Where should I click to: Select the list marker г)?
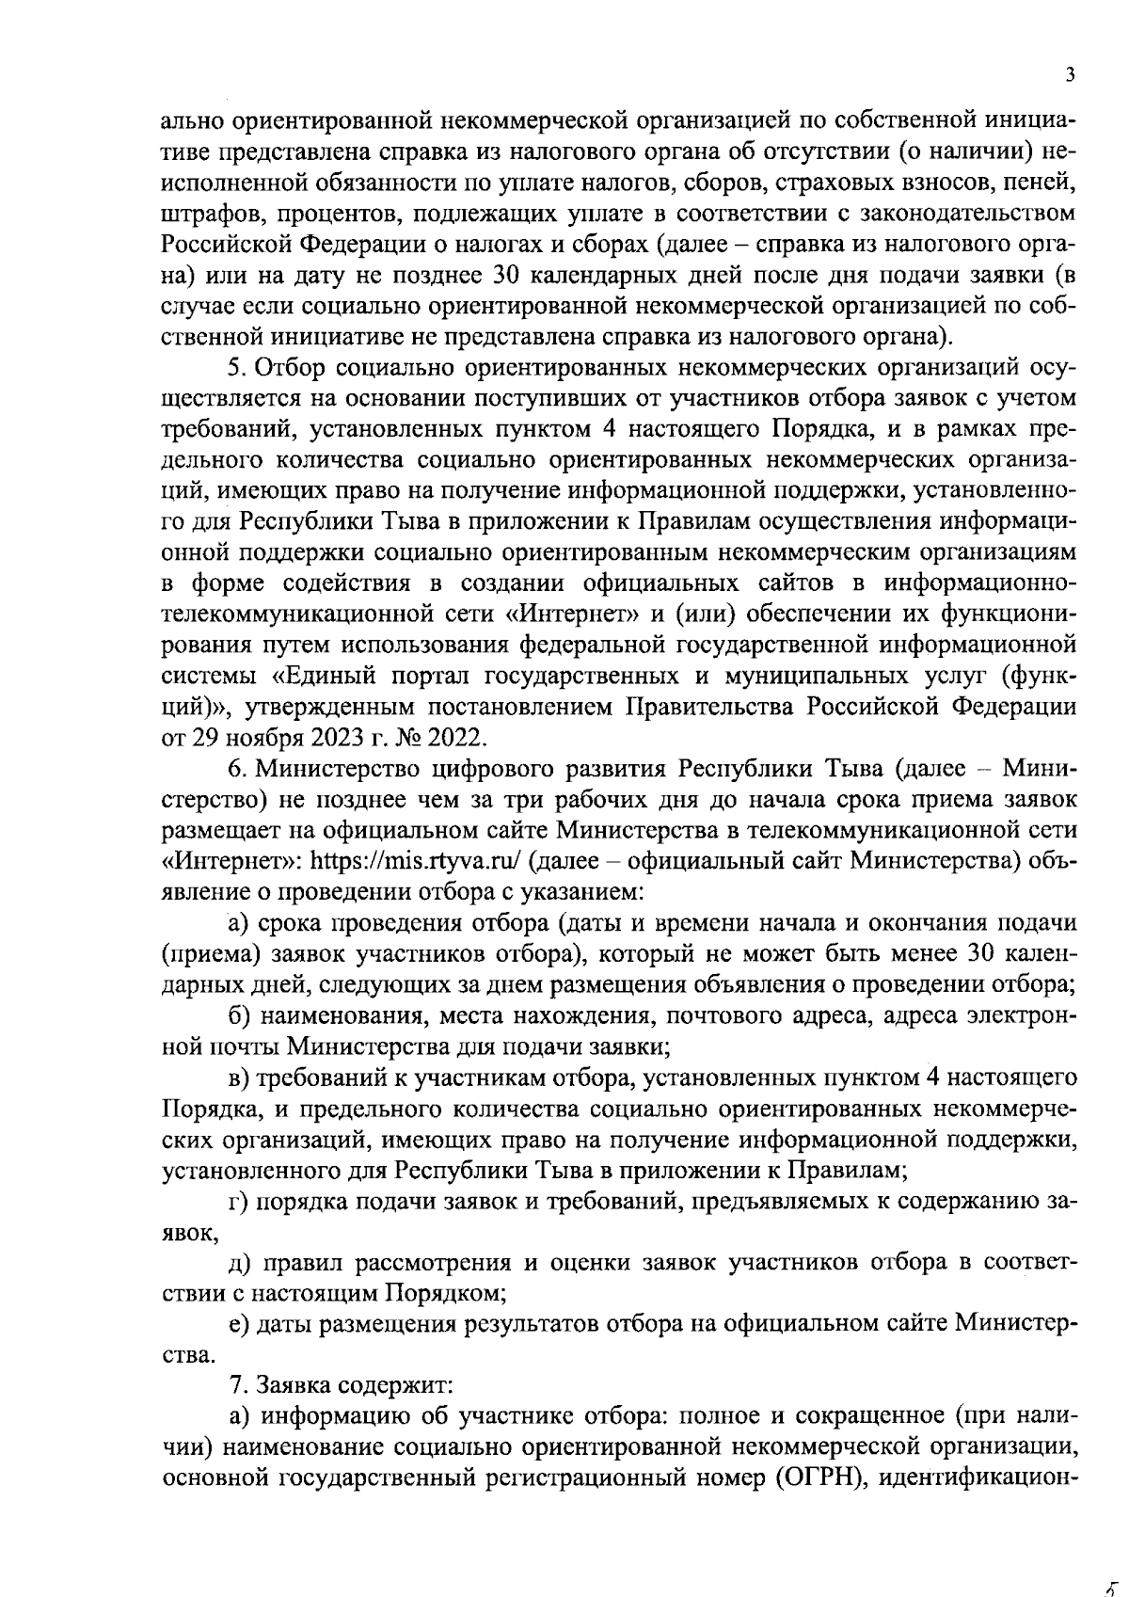tap(239, 1201)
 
